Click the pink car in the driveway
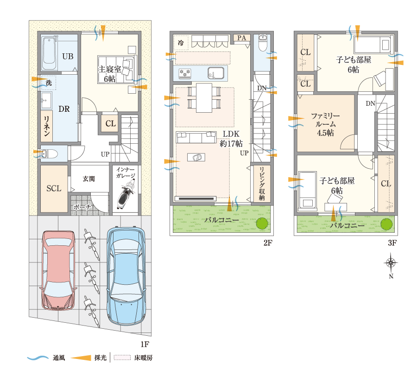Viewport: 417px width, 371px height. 58,270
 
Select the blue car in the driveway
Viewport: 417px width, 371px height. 126,275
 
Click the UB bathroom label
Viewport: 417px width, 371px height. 68,57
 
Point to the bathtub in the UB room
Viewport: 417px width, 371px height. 49,54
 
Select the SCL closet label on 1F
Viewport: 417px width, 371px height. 54,189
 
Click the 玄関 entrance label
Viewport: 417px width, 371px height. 88,179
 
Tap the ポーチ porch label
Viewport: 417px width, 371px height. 82,206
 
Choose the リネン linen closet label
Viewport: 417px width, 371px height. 47,126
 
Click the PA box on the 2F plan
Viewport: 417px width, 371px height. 242,38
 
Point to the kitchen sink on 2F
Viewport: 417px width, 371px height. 216,73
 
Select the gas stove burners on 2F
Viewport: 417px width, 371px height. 185,73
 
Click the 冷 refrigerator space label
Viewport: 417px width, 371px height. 181,43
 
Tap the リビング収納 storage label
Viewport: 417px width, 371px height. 262,183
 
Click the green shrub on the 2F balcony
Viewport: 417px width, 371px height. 262,223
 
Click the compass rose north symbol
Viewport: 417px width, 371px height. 391,262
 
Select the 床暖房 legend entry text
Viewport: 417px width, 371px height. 143,358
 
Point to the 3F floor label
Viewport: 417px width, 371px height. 392,243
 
